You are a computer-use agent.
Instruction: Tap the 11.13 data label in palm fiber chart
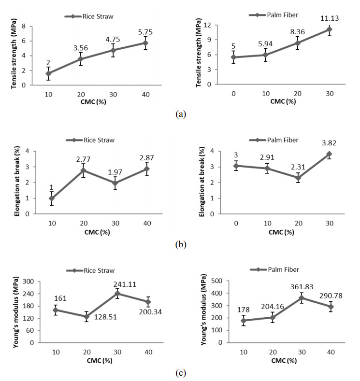(x=329, y=19)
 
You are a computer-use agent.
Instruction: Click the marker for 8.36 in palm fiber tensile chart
(x=298, y=43)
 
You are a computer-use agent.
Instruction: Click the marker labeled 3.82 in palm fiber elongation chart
(x=329, y=154)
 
